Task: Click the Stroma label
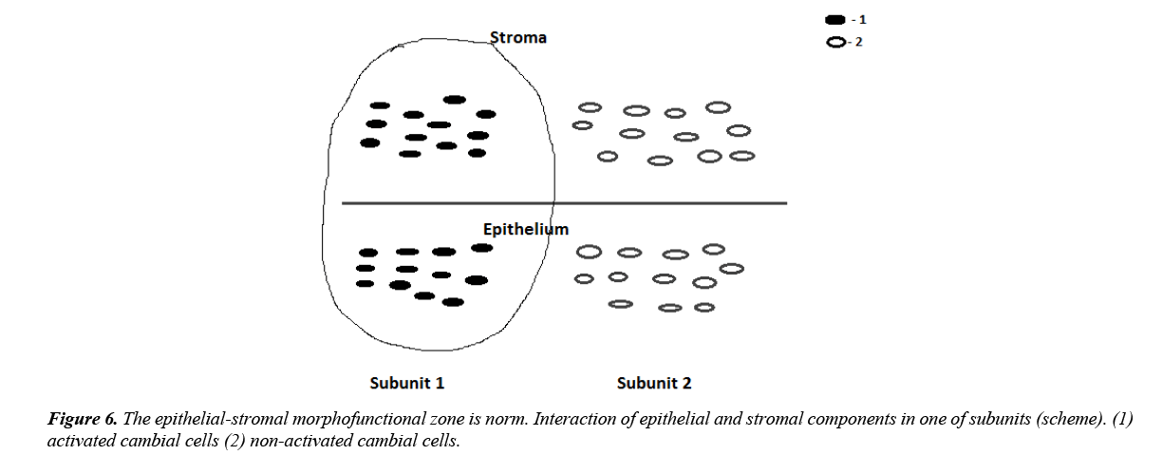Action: click(517, 38)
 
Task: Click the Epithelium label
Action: click(525, 229)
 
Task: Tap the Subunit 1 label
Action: click(406, 384)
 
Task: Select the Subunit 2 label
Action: click(653, 384)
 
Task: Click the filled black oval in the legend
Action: click(836, 20)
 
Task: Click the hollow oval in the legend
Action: click(836, 42)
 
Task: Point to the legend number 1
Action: click(862, 20)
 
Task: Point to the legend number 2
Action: click(859, 42)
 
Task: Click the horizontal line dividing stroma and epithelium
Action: click(665, 203)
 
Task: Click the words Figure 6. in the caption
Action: click(84, 419)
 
